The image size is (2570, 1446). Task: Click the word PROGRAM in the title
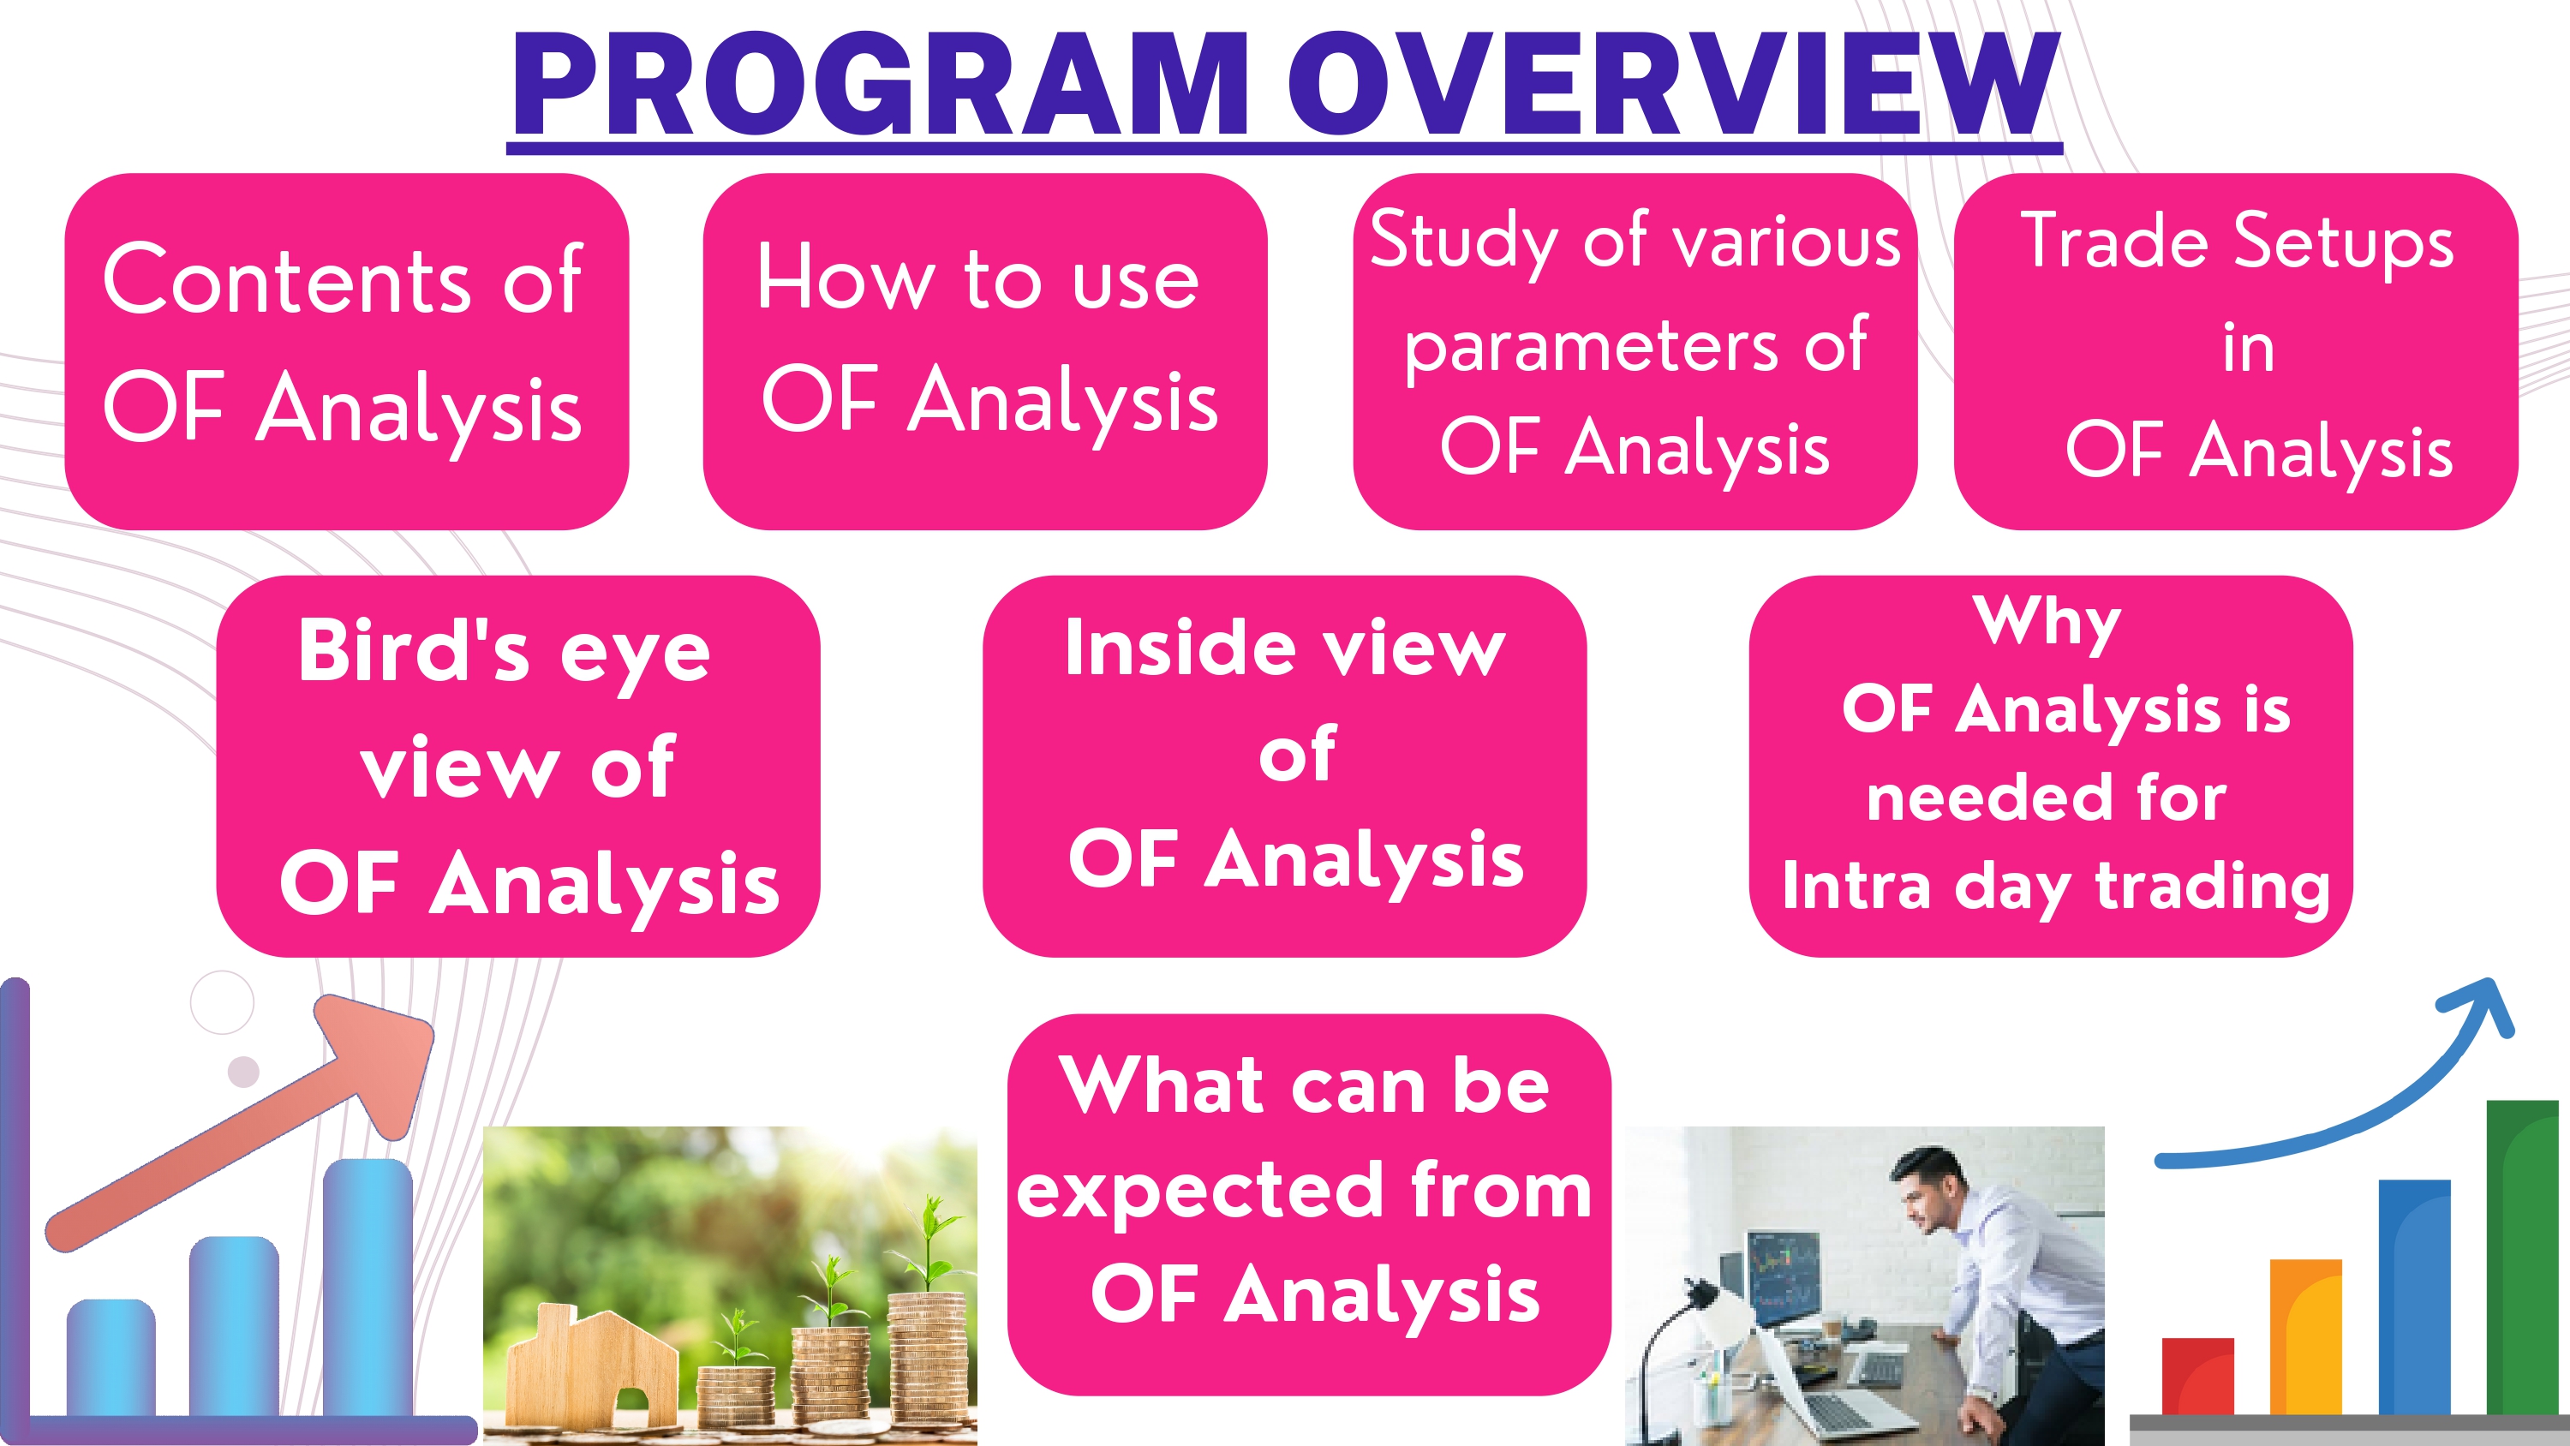point(881,84)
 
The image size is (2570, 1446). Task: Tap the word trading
point(2213,886)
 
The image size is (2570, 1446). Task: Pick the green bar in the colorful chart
point(2523,1258)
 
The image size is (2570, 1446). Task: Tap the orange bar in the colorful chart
point(2305,1337)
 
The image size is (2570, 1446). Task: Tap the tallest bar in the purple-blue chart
point(368,1287)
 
